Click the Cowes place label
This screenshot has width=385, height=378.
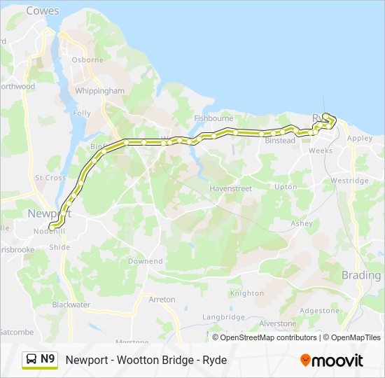tap(43, 11)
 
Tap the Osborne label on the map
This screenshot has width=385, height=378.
tap(87, 60)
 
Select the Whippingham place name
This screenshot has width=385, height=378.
tap(101, 91)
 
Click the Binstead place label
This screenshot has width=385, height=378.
tap(280, 141)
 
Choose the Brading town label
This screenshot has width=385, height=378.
tap(361, 275)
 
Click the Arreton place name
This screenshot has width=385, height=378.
tap(162, 300)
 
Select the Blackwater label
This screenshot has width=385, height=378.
tap(71, 304)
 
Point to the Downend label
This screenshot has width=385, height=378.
tap(146, 261)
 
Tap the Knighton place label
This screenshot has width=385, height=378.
tap(247, 293)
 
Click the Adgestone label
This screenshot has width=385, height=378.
tap(319, 310)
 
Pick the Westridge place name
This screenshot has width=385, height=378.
tap(349, 181)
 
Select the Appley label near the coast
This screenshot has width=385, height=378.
tap(360, 139)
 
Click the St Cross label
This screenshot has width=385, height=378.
tap(50, 178)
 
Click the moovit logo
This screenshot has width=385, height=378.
tap(332, 360)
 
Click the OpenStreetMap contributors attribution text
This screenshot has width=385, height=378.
tap(268, 337)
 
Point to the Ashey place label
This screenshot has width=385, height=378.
tap(302, 224)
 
